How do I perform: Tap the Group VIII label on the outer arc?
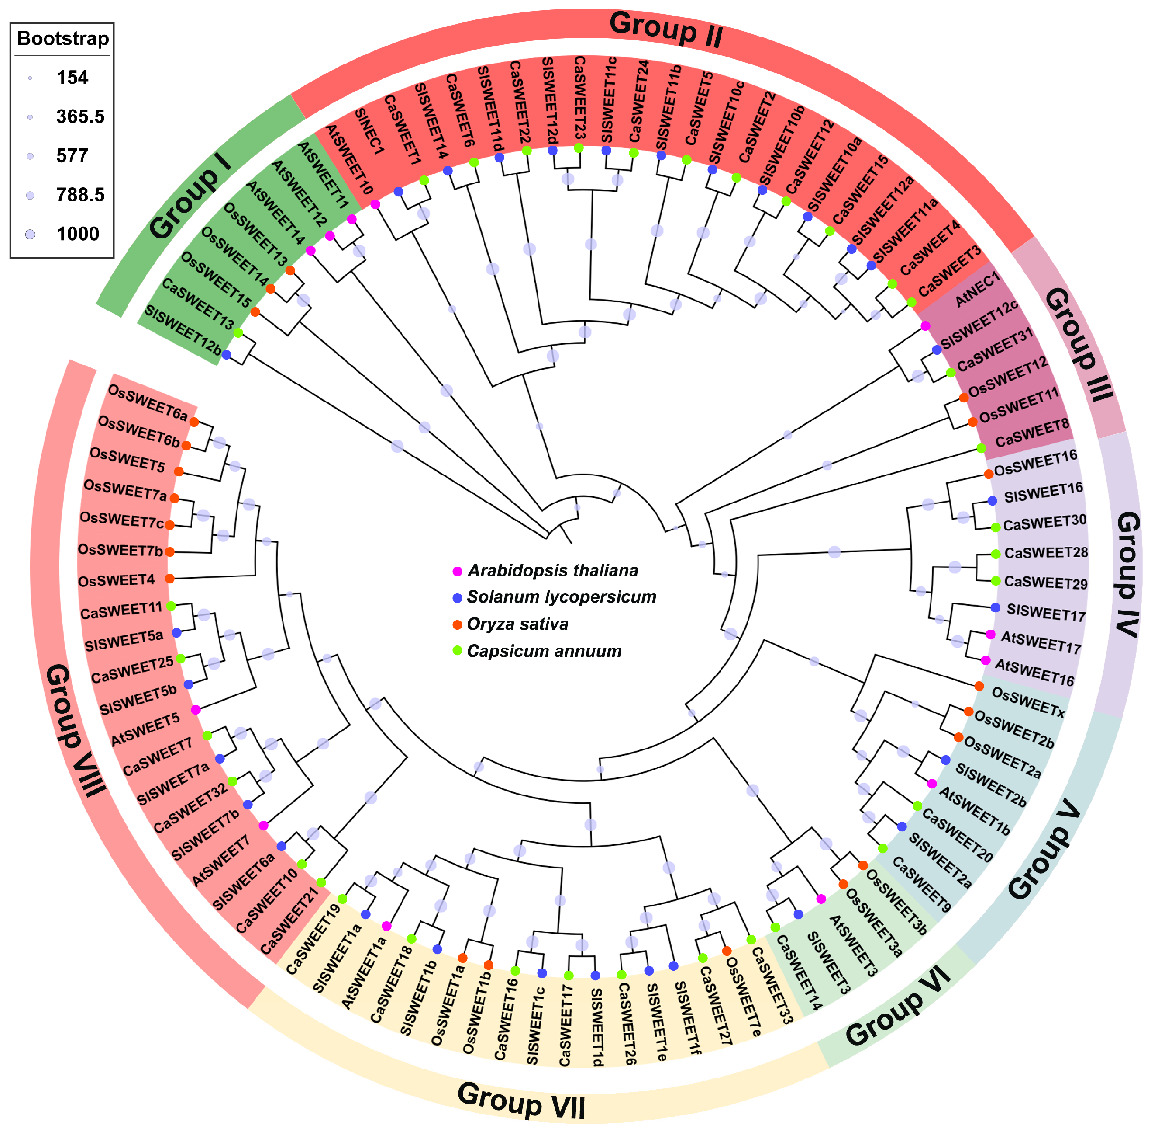point(76,730)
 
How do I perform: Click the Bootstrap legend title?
point(63,39)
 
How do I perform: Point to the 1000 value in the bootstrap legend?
point(78,234)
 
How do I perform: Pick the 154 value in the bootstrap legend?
point(72,77)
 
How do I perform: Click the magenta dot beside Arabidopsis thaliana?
point(457,571)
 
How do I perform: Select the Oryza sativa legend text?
point(518,624)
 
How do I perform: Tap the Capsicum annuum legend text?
point(544,651)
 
